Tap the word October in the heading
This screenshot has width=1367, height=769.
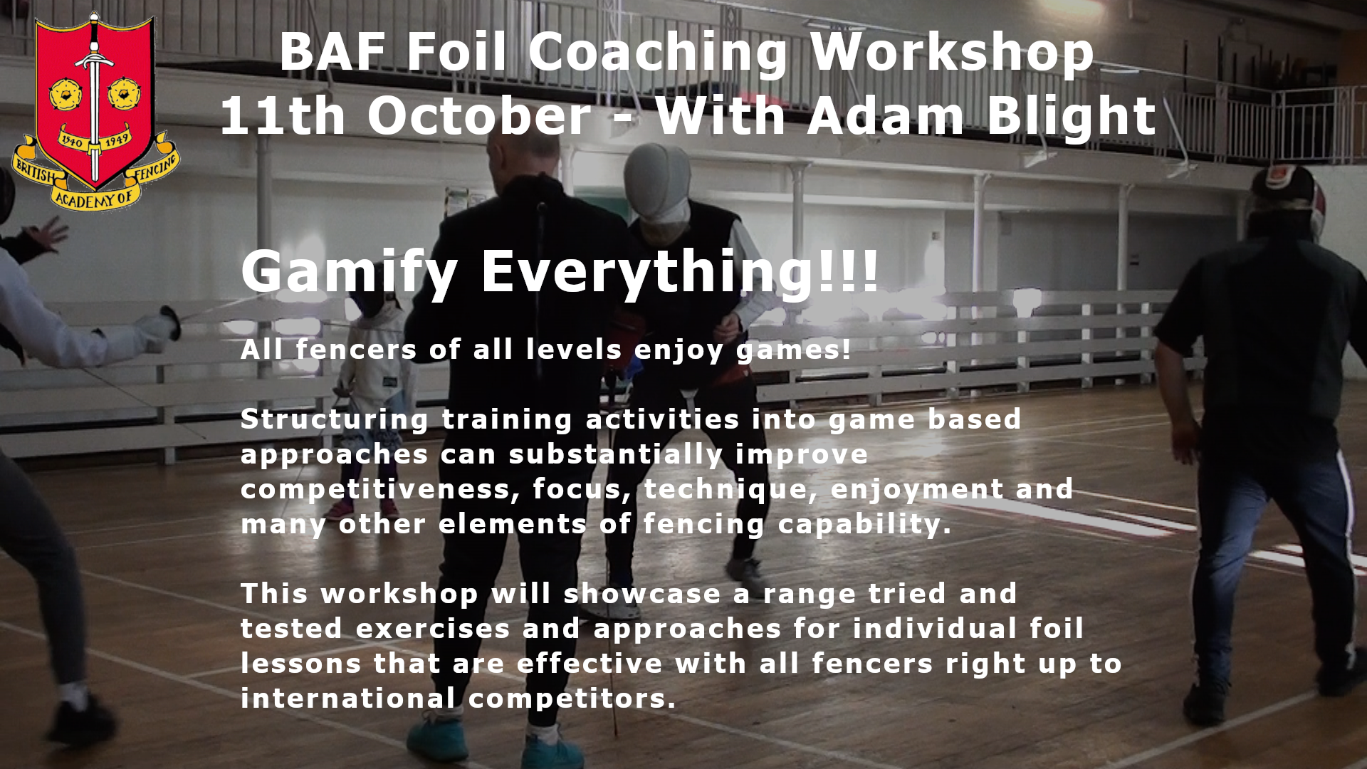(x=478, y=115)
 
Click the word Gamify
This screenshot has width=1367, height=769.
(x=350, y=273)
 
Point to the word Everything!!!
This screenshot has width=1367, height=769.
(x=681, y=273)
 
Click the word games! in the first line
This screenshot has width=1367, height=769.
(x=793, y=350)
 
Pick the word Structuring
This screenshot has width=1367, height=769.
(x=335, y=420)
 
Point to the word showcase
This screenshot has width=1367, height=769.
(x=643, y=594)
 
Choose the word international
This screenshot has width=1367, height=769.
(x=348, y=699)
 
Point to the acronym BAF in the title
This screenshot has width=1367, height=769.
(x=333, y=52)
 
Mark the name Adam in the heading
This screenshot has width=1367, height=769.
(x=886, y=117)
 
